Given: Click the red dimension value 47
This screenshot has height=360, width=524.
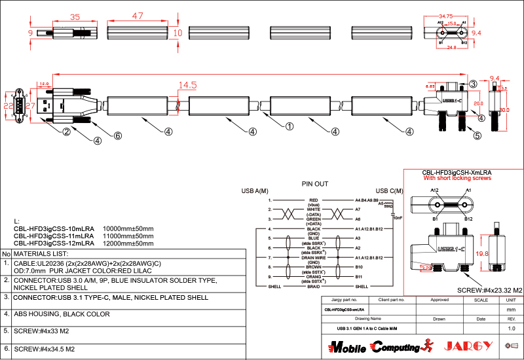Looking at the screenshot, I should [x=138, y=16].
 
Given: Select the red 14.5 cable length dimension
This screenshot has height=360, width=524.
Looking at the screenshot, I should [x=187, y=85].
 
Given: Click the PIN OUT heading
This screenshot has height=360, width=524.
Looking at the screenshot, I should [x=315, y=184].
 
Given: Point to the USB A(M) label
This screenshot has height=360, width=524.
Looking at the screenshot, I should [x=255, y=191].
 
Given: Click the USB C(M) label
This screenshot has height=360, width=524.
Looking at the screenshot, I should [x=370, y=191].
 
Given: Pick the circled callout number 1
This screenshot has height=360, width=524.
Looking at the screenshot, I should [x=289, y=127].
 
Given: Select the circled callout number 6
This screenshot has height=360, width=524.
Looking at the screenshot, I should [x=118, y=135].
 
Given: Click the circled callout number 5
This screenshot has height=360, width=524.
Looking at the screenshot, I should [x=477, y=136].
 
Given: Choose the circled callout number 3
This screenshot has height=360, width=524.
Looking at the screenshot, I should [x=473, y=84].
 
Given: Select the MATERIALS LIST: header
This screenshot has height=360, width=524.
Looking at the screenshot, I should [x=41, y=253].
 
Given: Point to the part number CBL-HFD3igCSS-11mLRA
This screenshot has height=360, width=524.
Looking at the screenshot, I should [x=54, y=235].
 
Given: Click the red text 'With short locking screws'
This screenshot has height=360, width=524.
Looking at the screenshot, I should [x=456, y=178].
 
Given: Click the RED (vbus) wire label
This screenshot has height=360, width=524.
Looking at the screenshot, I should [x=313, y=201].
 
